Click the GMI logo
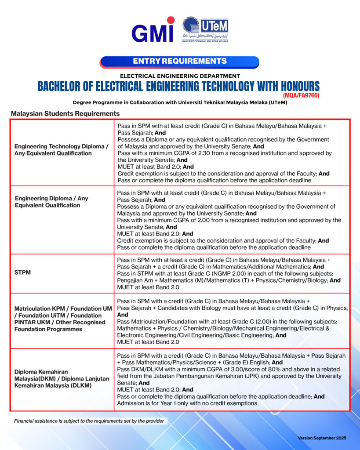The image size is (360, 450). tap(153, 31)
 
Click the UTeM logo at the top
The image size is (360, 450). tap(206, 30)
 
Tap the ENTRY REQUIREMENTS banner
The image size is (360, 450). tap(179, 61)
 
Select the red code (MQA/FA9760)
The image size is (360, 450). tap(301, 95)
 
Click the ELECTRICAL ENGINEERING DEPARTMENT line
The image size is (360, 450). tap(180, 76)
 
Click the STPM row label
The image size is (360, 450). tap(22, 273)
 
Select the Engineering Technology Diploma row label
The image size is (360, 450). tap(61, 149)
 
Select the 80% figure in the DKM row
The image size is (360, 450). tap(267, 369)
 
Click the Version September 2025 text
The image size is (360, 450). tap(322, 438)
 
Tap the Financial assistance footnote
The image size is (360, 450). tap(89, 421)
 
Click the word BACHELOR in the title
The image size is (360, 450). tap(60, 86)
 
